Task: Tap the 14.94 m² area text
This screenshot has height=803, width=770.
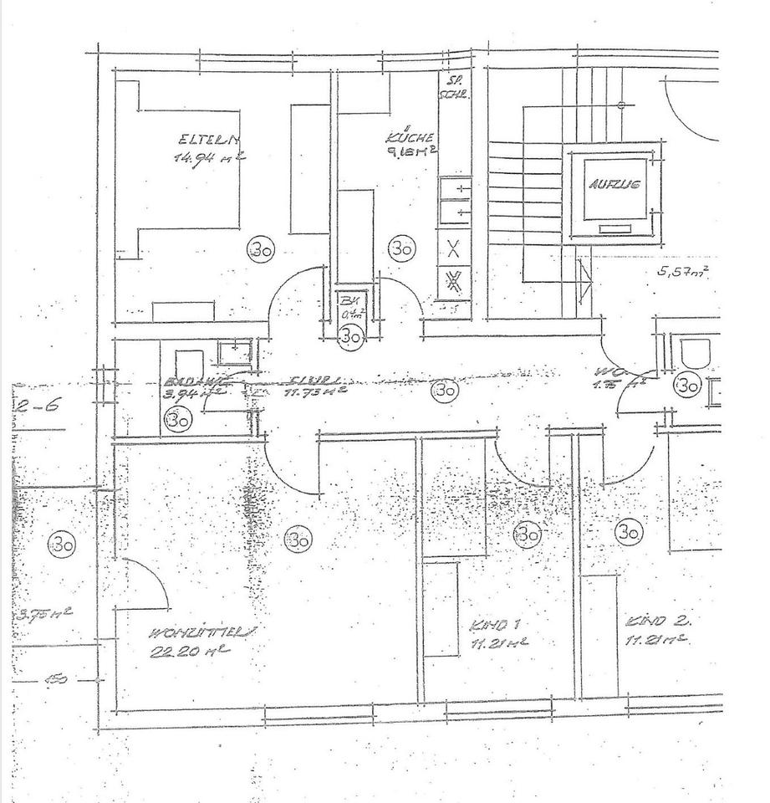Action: click(x=207, y=157)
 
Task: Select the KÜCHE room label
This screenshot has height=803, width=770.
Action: click(x=408, y=136)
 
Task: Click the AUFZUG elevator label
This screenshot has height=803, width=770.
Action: click(x=614, y=186)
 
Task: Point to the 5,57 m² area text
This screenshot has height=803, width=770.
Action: click(x=683, y=272)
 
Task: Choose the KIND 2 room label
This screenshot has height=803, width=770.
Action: click(x=658, y=621)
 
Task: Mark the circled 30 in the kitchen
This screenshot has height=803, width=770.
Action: click(x=401, y=248)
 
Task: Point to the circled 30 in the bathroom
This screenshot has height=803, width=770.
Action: click(x=177, y=419)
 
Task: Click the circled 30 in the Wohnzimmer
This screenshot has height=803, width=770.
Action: click(x=298, y=540)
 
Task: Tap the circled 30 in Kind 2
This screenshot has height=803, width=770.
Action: click(x=629, y=531)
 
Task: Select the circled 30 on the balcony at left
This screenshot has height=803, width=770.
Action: click(x=62, y=545)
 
